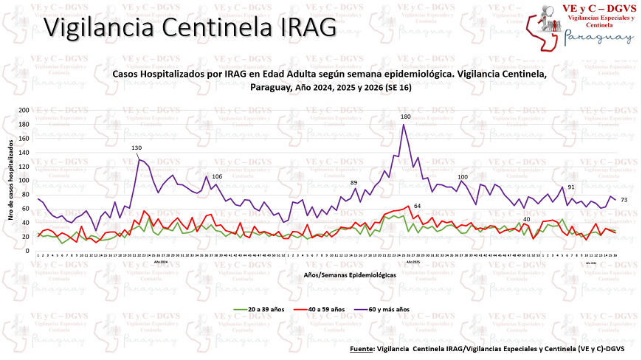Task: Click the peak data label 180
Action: click(x=405, y=117)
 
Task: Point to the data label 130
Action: click(x=137, y=148)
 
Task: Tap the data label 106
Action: click(x=217, y=176)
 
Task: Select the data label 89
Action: click(x=353, y=182)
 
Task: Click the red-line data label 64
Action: click(x=417, y=205)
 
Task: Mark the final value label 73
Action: click(x=624, y=200)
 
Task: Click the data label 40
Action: click(x=526, y=219)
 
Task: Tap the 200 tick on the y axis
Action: click(x=24, y=110)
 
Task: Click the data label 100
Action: click(x=463, y=177)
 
